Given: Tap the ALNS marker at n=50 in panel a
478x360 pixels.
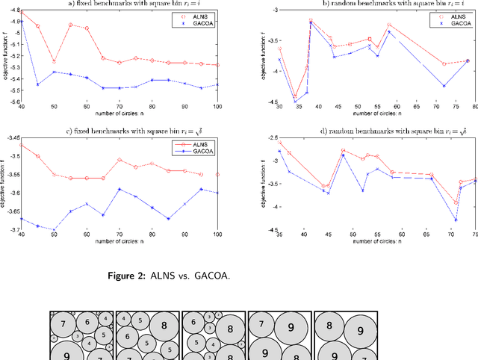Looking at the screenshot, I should [54, 61].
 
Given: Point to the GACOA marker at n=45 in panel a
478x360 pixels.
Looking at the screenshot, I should [38, 84].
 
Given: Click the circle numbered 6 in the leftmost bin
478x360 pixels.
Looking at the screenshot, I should [87, 322].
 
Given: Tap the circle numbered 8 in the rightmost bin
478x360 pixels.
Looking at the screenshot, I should [329, 325].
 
